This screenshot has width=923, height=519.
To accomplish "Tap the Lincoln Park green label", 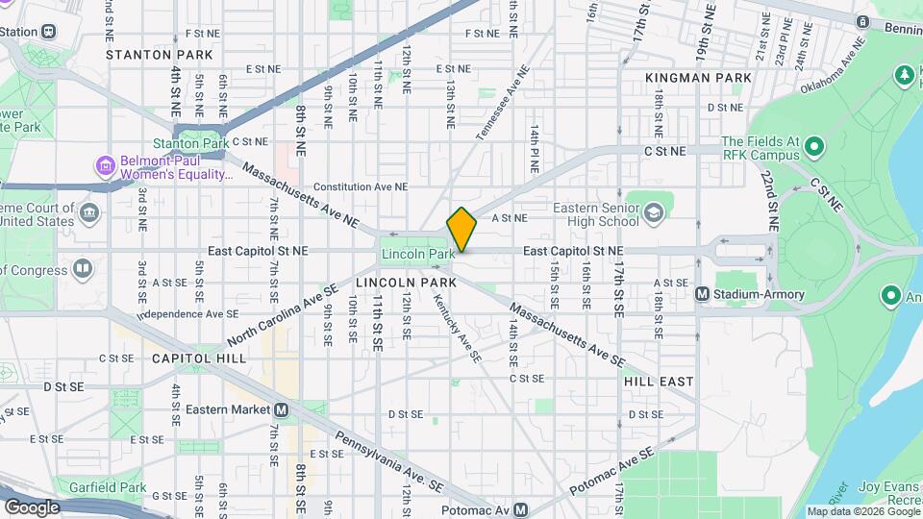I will [x=417, y=254].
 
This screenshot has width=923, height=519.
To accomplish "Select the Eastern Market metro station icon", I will [x=281, y=409].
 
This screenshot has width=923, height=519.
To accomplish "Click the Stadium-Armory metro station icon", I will [x=702, y=293].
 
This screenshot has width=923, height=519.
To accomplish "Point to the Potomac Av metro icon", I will [x=520, y=509].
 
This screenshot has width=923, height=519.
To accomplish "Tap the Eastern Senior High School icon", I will [x=654, y=212].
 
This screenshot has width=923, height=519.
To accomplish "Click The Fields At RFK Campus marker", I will [x=814, y=147].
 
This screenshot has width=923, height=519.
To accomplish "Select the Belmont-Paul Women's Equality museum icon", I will [x=105, y=167].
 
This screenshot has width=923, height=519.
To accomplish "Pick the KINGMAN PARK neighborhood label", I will [x=698, y=77].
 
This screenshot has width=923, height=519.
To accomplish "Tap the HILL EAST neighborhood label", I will [x=659, y=382].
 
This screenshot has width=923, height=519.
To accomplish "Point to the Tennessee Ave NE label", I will [x=503, y=102].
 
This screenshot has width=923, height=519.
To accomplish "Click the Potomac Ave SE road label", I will [x=611, y=470].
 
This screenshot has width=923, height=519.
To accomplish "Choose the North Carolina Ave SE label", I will [x=283, y=315].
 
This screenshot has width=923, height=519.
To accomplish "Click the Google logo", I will [x=32, y=507].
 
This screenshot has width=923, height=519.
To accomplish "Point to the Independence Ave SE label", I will [x=187, y=313].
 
